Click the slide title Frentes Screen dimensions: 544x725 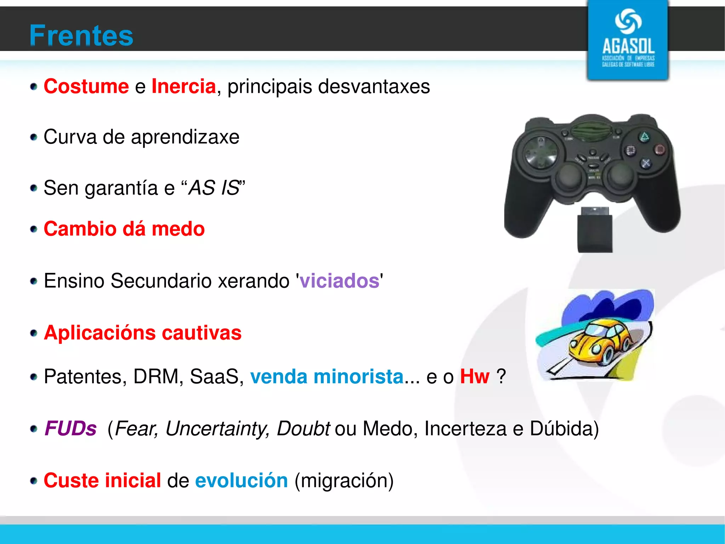(x=81, y=35)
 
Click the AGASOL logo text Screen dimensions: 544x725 (x=628, y=46)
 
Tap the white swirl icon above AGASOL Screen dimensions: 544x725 (x=628, y=21)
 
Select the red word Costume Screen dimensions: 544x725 (x=86, y=86)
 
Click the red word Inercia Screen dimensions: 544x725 (x=183, y=86)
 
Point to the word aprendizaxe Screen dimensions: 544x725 (x=185, y=137)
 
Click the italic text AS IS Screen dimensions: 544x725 (x=214, y=188)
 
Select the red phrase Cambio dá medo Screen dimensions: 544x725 (x=124, y=229)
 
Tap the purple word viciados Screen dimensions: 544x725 (x=339, y=281)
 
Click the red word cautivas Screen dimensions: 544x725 (x=201, y=333)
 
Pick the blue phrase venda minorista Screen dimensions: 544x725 (x=326, y=376)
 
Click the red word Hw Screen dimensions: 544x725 (x=474, y=376)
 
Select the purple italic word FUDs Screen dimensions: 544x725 (x=70, y=428)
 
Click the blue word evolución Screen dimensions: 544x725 (x=241, y=481)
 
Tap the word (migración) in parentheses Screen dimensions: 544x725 (x=344, y=481)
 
